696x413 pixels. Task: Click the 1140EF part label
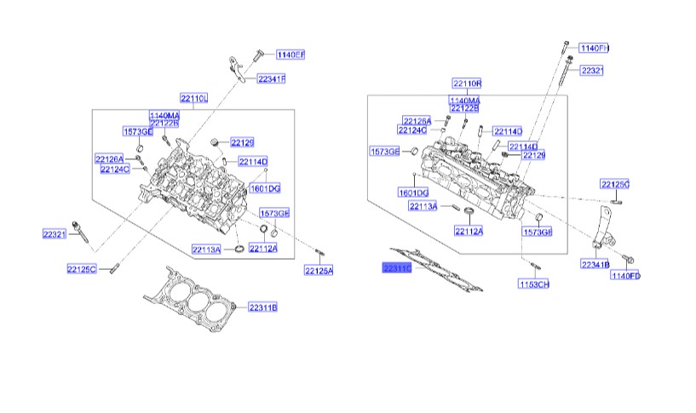point(290,54)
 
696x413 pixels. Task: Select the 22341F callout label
point(272,79)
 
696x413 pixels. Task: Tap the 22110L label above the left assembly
point(193,98)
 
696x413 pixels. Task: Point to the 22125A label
point(319,271)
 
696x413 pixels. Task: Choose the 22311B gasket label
point(263,306)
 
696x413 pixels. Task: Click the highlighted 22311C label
point(396,268)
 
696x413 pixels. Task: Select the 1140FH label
point(594,48)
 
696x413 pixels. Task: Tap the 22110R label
point(467,83)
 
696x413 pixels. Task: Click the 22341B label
point(595,265)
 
